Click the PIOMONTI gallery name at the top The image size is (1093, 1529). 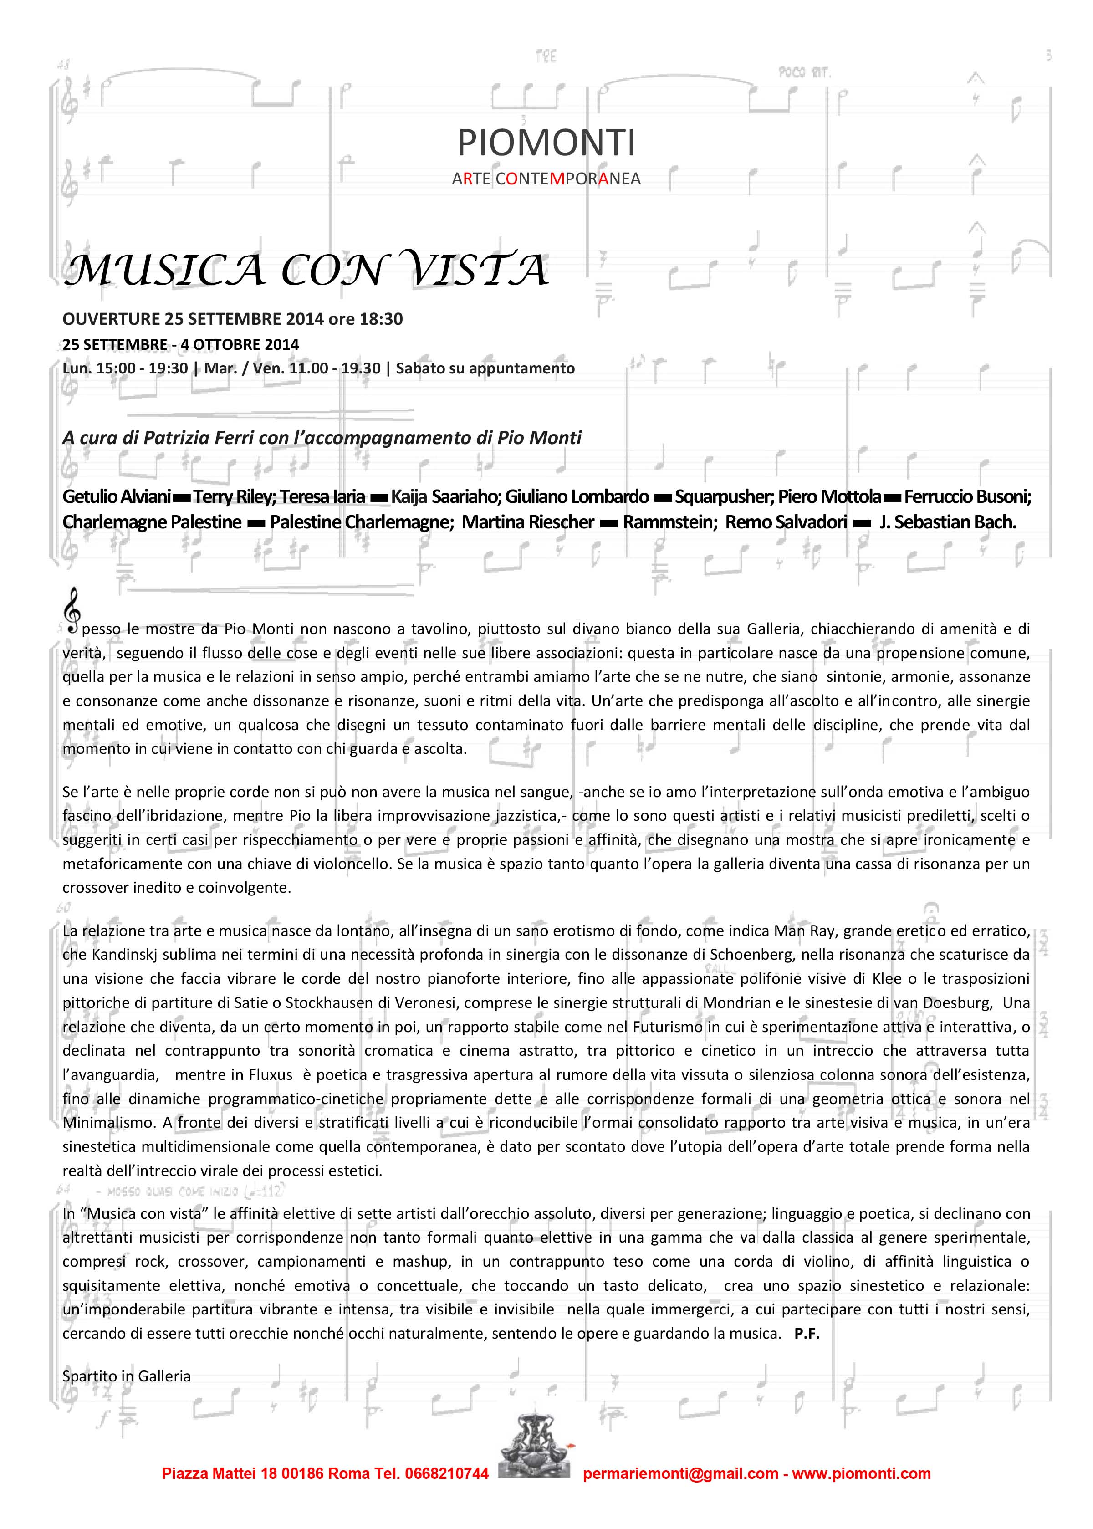(x=546, y=143)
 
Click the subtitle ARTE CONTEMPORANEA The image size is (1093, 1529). (x=546, y=179)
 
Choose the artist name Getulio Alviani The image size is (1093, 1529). (x=117, y=496)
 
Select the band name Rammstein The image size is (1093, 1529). (x=669, y=522)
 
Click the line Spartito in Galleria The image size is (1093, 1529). (x=127, y=1376)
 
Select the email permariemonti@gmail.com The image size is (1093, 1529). (x=680, y=1474)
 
